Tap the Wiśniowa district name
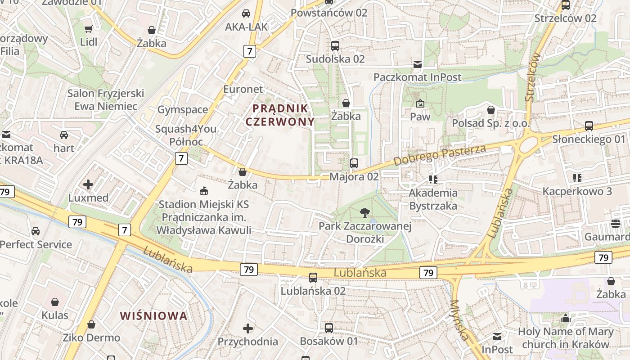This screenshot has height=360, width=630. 153,315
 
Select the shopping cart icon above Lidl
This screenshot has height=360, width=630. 88,29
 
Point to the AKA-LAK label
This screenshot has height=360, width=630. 246,27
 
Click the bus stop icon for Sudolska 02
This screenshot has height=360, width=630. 335,45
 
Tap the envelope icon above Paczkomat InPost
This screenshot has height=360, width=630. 417,64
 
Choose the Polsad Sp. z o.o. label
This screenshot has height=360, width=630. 491,123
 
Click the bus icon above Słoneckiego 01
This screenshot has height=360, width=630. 589,126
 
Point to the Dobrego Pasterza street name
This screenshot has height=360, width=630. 440,155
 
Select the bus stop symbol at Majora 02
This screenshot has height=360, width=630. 354,163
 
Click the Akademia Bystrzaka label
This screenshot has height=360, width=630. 433,199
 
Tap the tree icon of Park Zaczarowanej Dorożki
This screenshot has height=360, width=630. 364,212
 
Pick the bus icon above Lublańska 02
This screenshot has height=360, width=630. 313,278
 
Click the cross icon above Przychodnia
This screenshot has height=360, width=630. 247,328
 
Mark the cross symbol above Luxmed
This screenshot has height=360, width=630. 88,184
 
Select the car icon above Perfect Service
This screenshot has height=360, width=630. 36,231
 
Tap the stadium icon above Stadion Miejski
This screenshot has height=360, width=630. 204,191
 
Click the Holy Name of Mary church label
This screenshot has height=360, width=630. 566,338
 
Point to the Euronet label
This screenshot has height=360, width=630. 243,89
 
